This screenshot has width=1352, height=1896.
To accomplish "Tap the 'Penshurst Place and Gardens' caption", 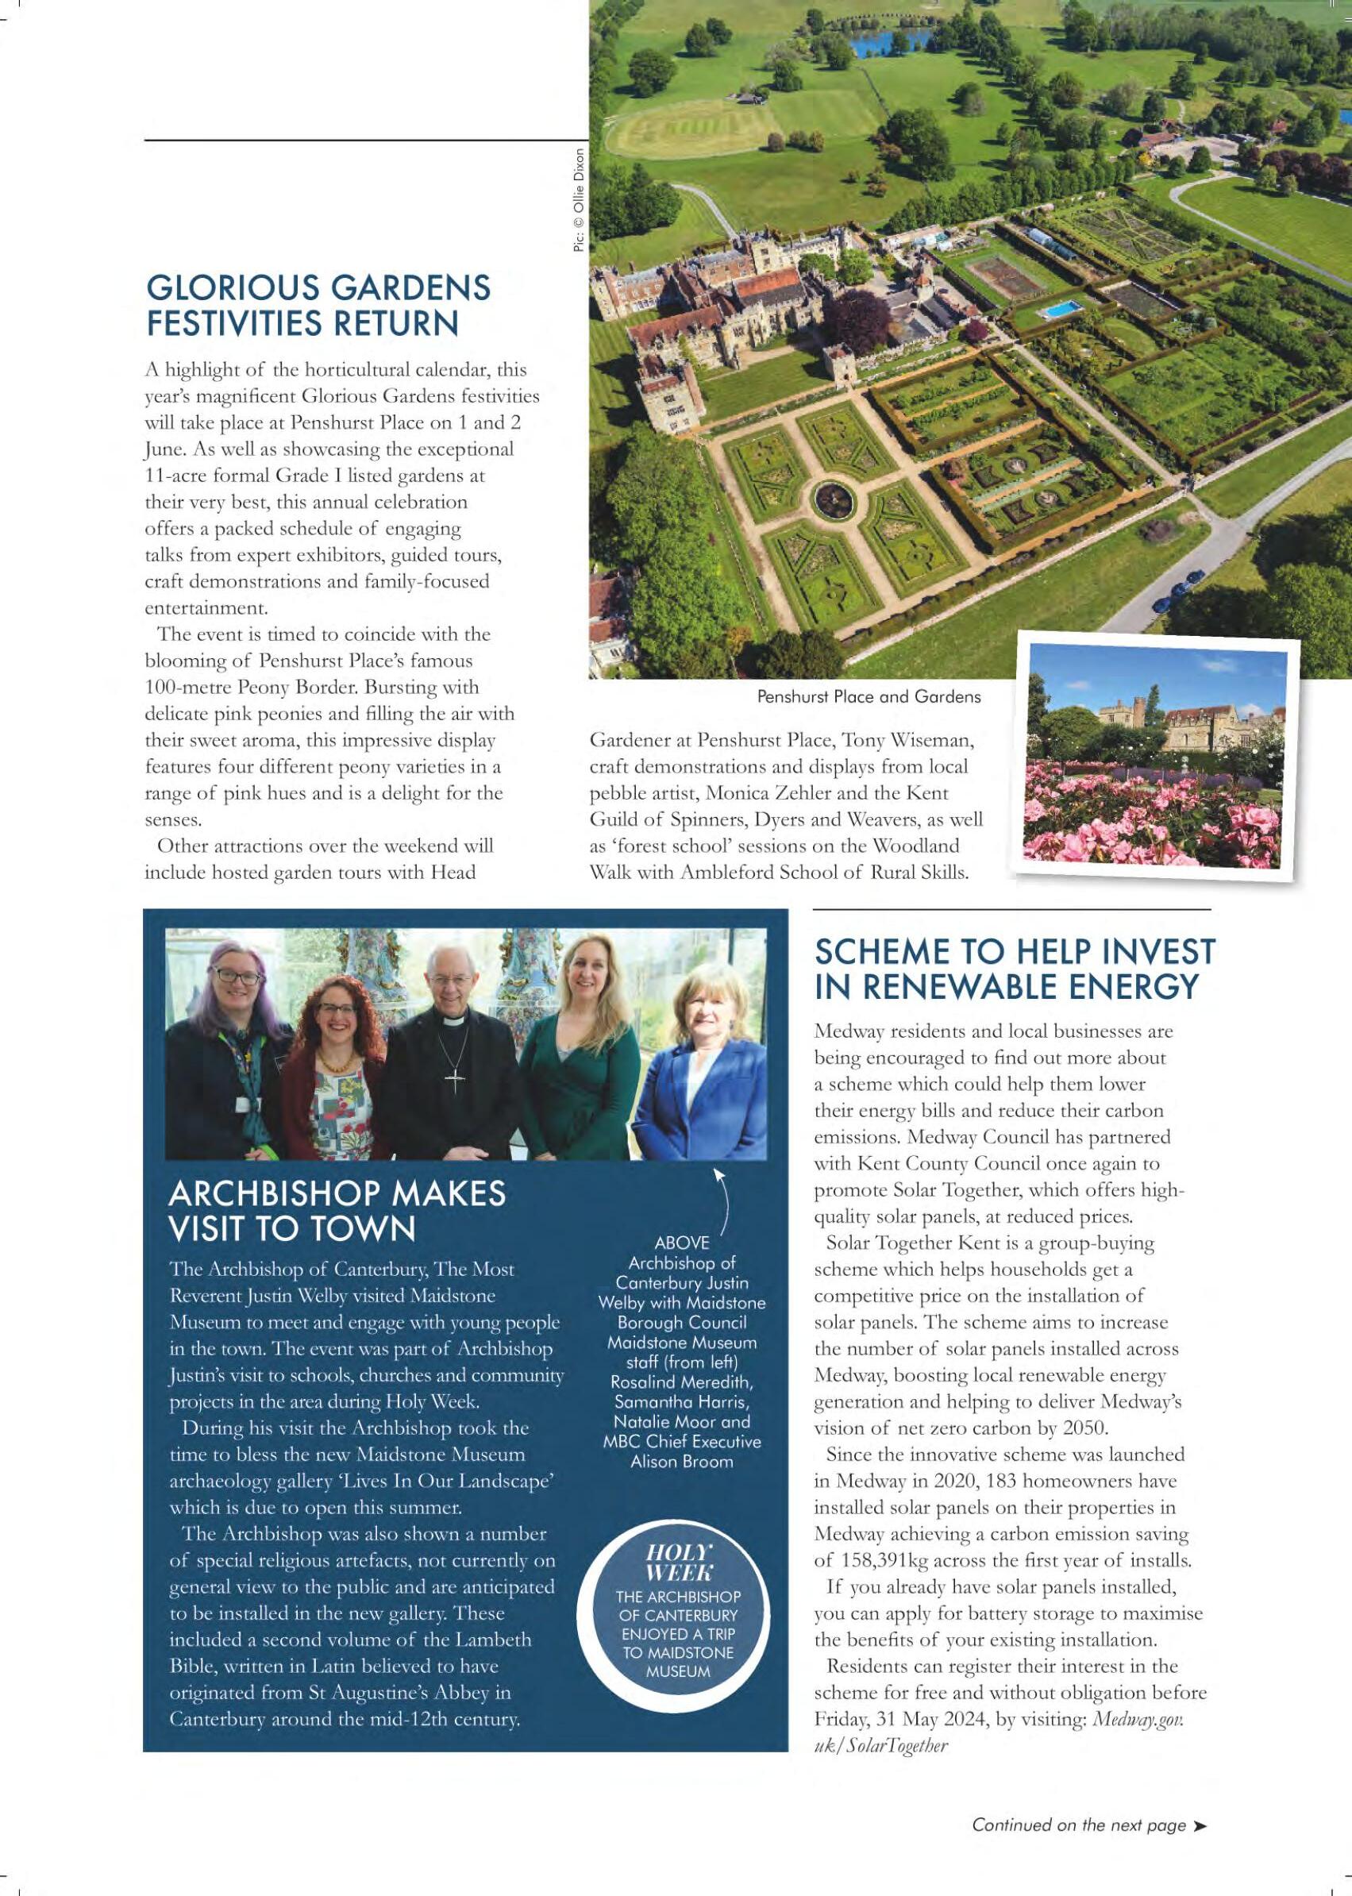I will pyautogui.click(x=869, y=696).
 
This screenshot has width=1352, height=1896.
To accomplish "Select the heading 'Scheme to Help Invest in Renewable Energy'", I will pyautogui.click(x=1014, y=969).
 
